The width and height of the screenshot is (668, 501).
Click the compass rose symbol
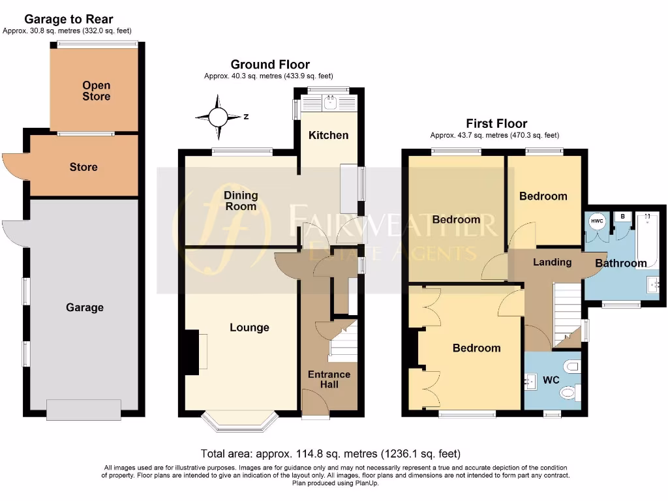[218, 117]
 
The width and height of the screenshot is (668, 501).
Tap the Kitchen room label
[328, 135]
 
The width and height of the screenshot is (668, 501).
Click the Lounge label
[249, 327]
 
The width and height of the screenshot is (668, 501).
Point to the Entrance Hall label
[329, 379]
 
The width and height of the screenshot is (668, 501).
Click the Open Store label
[96, 91]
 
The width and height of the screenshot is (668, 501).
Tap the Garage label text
[84, 307]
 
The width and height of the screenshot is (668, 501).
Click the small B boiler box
[623, 217]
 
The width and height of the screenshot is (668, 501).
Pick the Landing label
[552, 262]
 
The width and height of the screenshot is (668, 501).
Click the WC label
[552, 379]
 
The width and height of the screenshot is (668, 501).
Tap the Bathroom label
[620, 264]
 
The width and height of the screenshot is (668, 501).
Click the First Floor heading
[496, 123]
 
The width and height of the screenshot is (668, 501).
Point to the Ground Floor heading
[270, 64]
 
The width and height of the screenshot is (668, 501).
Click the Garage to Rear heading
[68, 20]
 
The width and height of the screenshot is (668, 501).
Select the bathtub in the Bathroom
[647, 237]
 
